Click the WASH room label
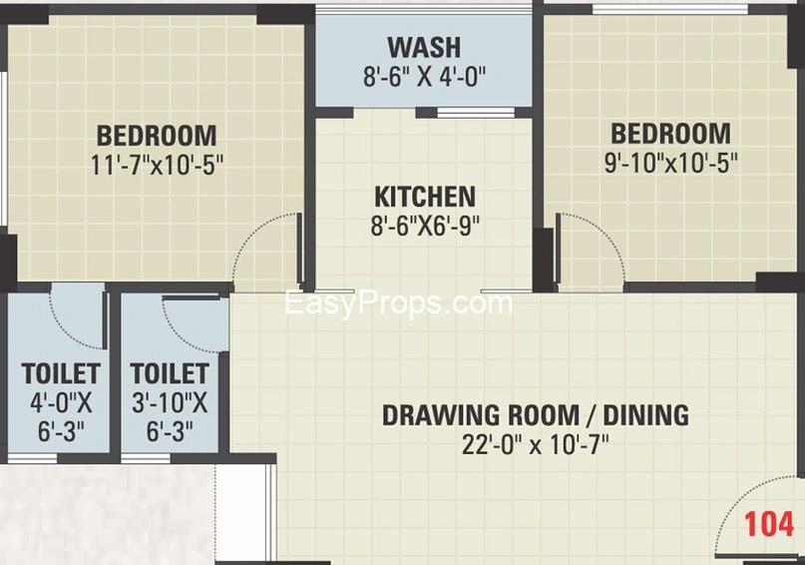pyautogui.click(x=424, y=47)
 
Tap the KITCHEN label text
pyautogui.click(x=425, y=197)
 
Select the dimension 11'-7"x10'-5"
pyautogui.click(x=157, y=166)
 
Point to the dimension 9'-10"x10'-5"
pyautogui.click(x=670, y=164)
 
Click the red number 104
pyautogui.click(x=768, y=524)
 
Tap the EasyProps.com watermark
pyautogui.click(x=398, y=303)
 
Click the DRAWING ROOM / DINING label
pyautogui.click(x=536, y=415)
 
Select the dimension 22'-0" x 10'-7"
pyautogui.click(x=535, y=445)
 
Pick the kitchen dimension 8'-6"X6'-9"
pyautogui.click(x=425, y=226)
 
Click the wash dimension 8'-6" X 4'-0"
pyautogui.click(x=424, y=77)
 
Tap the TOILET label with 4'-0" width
pyautogui.click(x=61, y=373)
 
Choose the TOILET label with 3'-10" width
pyautogui.click(x=170, y=373)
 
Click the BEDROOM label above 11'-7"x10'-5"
pyautogui.click(x=157, y=136)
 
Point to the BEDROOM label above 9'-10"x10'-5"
pyautogui.click(x=670, y=133)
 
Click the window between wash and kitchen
pyautogui.click(x=476, y=113)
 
